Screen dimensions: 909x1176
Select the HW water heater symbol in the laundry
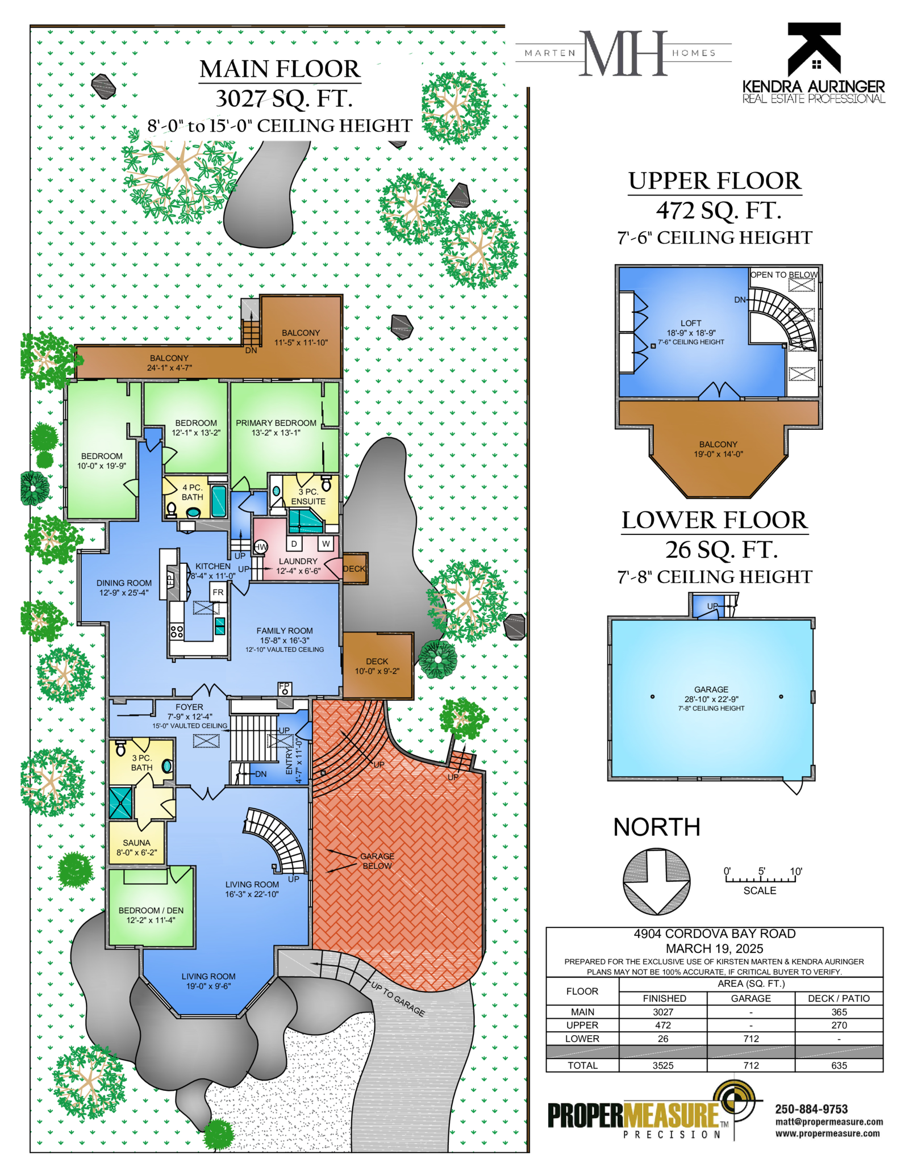pos(260,547)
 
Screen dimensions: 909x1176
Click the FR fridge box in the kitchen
pos(218,592)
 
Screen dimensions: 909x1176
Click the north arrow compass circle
pos(657,881)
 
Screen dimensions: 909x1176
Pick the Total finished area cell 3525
pos(663,1065)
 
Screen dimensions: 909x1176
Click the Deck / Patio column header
pos(839,998)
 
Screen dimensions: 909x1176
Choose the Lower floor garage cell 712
pos(751,1039)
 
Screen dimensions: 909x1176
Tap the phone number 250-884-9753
pos(811,1109)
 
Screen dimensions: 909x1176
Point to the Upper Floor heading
pos(715,181)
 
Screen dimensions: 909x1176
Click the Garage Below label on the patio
pos(377,861)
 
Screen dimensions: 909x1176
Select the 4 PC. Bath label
pos(193,492)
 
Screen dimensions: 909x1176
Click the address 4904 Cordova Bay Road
pos(715,934)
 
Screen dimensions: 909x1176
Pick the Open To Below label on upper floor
pos(784,275)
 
